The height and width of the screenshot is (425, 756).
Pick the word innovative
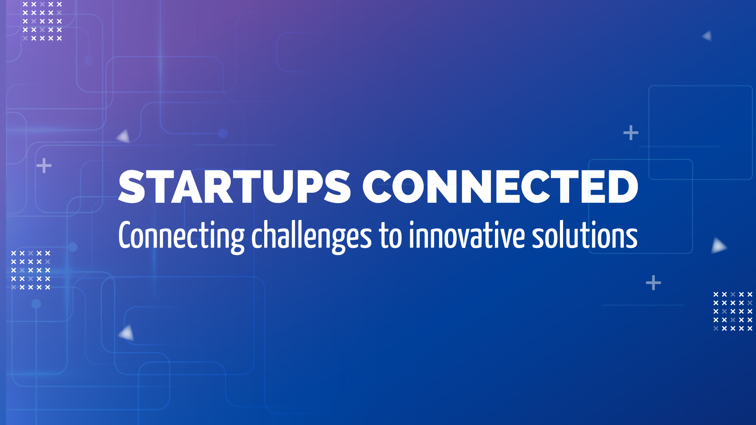coord(467,235)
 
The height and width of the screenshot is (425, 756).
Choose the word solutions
coord(585,235)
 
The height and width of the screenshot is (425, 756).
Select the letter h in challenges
coord(270,235)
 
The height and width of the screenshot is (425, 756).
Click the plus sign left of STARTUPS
coord(44,166)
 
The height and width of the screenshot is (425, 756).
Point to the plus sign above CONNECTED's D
coord(631,133)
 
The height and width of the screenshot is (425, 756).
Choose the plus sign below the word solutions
coord(654,283)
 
